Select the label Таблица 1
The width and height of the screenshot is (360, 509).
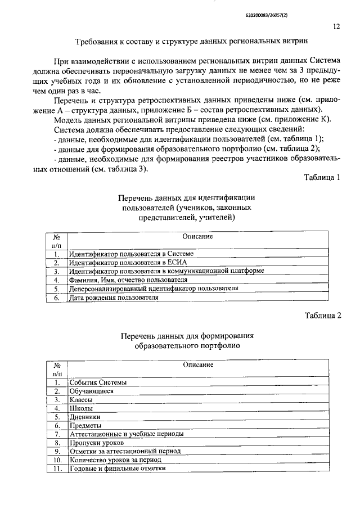[x=322, y=178]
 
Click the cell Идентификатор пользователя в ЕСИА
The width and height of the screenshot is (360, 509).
[x=127, y=262]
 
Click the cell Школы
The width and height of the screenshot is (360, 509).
[x=82, y=408]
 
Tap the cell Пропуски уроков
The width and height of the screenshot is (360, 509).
[x=96, y=443]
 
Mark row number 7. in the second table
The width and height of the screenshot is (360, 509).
[x=56, y=434]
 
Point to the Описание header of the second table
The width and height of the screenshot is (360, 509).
[x=197, y=365]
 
